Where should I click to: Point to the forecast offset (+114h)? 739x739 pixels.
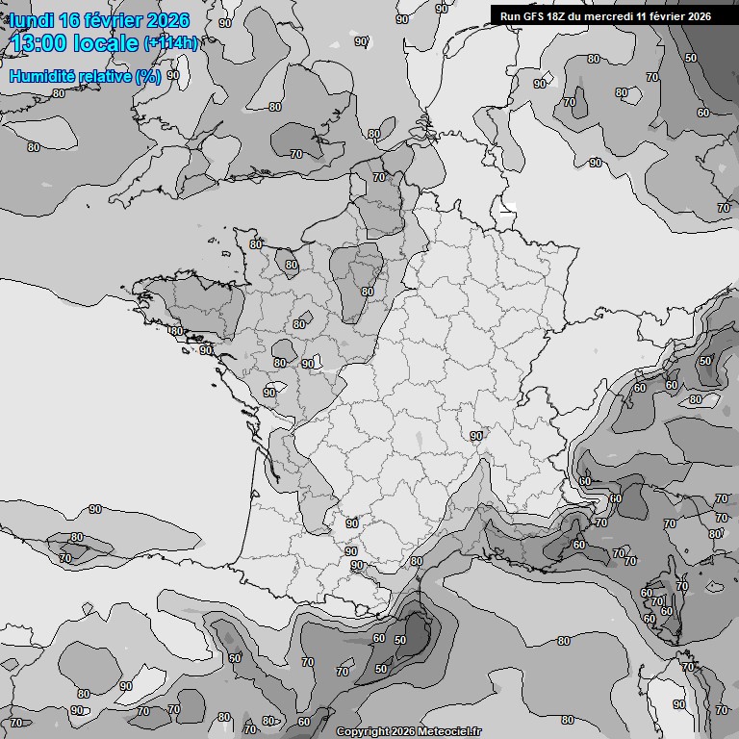[170, 42]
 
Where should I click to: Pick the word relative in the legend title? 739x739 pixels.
[101, 76]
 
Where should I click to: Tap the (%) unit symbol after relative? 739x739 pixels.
[147, 76]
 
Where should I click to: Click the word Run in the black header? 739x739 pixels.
[510, 15]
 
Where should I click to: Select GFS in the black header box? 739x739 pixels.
[533, 15]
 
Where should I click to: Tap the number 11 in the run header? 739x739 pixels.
[642, 15]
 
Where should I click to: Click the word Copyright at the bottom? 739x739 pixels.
[363, 731]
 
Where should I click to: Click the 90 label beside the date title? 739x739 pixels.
[224, 22]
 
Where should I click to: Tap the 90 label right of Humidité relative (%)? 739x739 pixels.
[173, 74]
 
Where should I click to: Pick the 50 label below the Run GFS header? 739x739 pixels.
[691, 58]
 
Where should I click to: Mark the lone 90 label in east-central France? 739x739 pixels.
[476, 436]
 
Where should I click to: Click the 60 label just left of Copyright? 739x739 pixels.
[304, 722]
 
